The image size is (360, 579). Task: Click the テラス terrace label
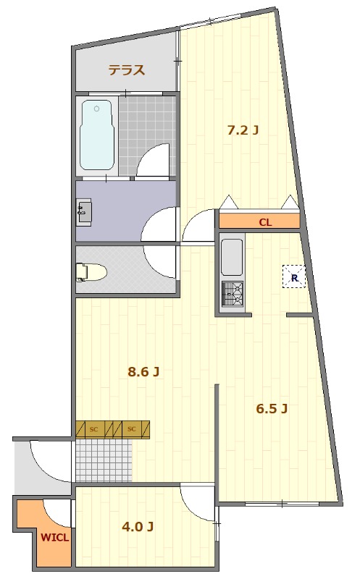tap(127, 69)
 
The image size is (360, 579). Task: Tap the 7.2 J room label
tap(243, 130)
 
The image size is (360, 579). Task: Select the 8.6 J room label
tap(143, 371)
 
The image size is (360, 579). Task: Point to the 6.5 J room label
tap(272, 408)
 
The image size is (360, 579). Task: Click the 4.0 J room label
tap(138, 527)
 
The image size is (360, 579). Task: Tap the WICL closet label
tap(55, 537)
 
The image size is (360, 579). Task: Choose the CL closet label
tap(265, 222)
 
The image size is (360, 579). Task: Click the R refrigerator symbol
tap(294, 276)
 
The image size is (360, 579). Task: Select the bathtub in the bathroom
tap(96, 135)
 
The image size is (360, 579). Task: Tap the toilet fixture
tap(91, 273)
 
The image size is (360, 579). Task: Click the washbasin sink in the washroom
tap(84, 211)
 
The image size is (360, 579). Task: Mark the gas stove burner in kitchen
tap(232, 294)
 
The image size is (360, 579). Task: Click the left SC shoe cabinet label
tap(94, 429)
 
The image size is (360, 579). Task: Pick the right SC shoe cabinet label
tap(132, 429)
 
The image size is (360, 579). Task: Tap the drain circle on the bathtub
tap(97, 109)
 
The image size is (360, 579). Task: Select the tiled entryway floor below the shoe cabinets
tap(104, 460)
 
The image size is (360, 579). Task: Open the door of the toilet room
tap(159, 262)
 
